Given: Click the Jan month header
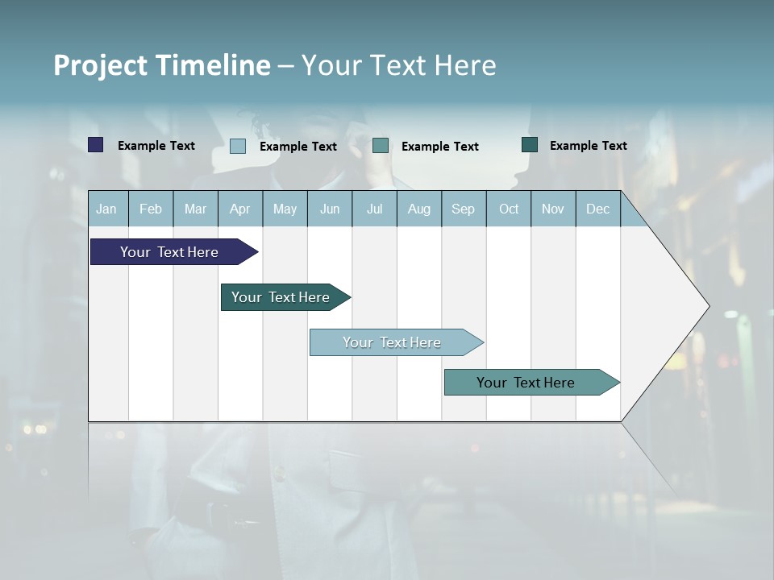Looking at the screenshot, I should pos(106,209).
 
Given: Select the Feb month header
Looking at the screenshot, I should pos(151,209).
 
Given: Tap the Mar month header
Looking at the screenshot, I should pos(195,209).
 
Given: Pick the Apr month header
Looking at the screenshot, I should pos(240,209).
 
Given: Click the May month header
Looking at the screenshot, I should pos(285,209).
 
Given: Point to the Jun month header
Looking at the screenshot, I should pos(330,209).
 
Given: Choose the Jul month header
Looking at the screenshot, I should pos(374,209).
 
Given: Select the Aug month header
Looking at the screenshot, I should pos(419,209).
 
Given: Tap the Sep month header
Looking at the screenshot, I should pos(464,209).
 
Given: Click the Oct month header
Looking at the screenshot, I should pos(509,209).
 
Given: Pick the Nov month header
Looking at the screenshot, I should pos(553,209).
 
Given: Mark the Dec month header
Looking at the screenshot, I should pos(598,209).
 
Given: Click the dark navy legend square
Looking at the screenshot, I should pos(96,145).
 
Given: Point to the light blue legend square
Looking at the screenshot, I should pos(238,146).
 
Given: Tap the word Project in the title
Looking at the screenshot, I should pos(101,65).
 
